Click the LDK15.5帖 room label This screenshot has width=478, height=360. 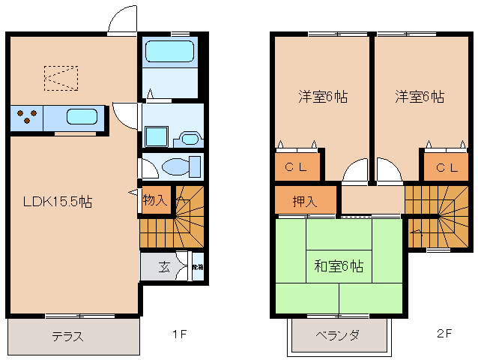(57, 202)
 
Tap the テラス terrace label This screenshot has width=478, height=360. (67, 335)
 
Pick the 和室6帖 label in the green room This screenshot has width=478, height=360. (339, 266)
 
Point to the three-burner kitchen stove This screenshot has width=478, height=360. (28, 117)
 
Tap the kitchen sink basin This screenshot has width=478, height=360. (82, 117)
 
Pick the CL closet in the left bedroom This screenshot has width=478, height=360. (298, 166)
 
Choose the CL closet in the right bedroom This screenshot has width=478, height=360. (446, 166)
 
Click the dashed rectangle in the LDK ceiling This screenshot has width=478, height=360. (61, 78)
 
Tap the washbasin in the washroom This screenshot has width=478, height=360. (188, 139)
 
